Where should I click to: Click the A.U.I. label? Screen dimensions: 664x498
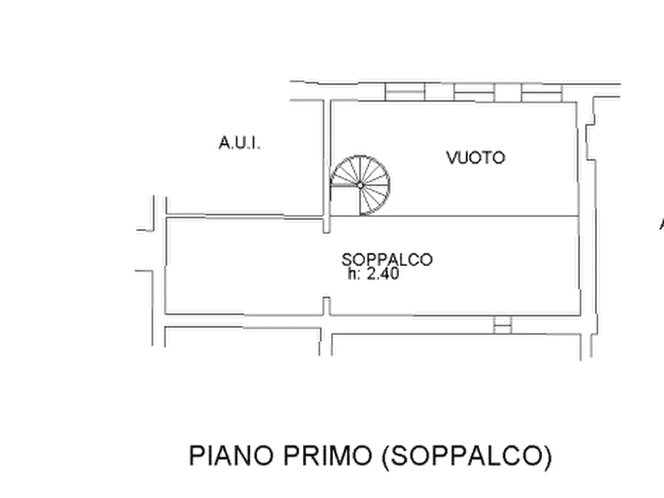(x=239, y=143)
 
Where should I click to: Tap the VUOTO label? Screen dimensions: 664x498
(x=476, y=158)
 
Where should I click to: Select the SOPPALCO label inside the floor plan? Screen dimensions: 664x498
(x=387, y=259)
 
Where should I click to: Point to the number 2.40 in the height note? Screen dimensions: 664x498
(x=383, y=274)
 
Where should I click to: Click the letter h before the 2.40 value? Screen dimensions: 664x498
(x=352, y=274)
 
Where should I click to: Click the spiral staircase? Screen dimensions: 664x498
(x=360, y=186)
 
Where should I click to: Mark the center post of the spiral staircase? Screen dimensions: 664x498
(x=360, y=186)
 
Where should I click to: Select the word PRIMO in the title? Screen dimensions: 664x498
(x=328, y=456)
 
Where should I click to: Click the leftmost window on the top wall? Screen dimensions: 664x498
(x=404, y=92)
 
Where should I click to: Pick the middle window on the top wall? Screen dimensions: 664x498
(x=474, y=92)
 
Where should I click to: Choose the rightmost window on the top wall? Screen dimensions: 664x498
(x=541, y=93)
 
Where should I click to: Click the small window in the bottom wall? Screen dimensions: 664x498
(x=503, y=325)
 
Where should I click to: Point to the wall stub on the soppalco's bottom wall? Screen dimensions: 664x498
(x=326, y=306)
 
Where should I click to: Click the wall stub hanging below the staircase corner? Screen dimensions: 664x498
(x=326, y=225)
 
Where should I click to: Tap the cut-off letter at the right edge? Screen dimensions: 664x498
(x=662, y=224)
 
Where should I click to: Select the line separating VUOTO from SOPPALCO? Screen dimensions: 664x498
(x=454, y=216)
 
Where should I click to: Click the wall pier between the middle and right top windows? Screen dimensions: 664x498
(x=508, y=93)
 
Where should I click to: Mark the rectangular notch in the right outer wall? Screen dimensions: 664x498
(x=590, y=142)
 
